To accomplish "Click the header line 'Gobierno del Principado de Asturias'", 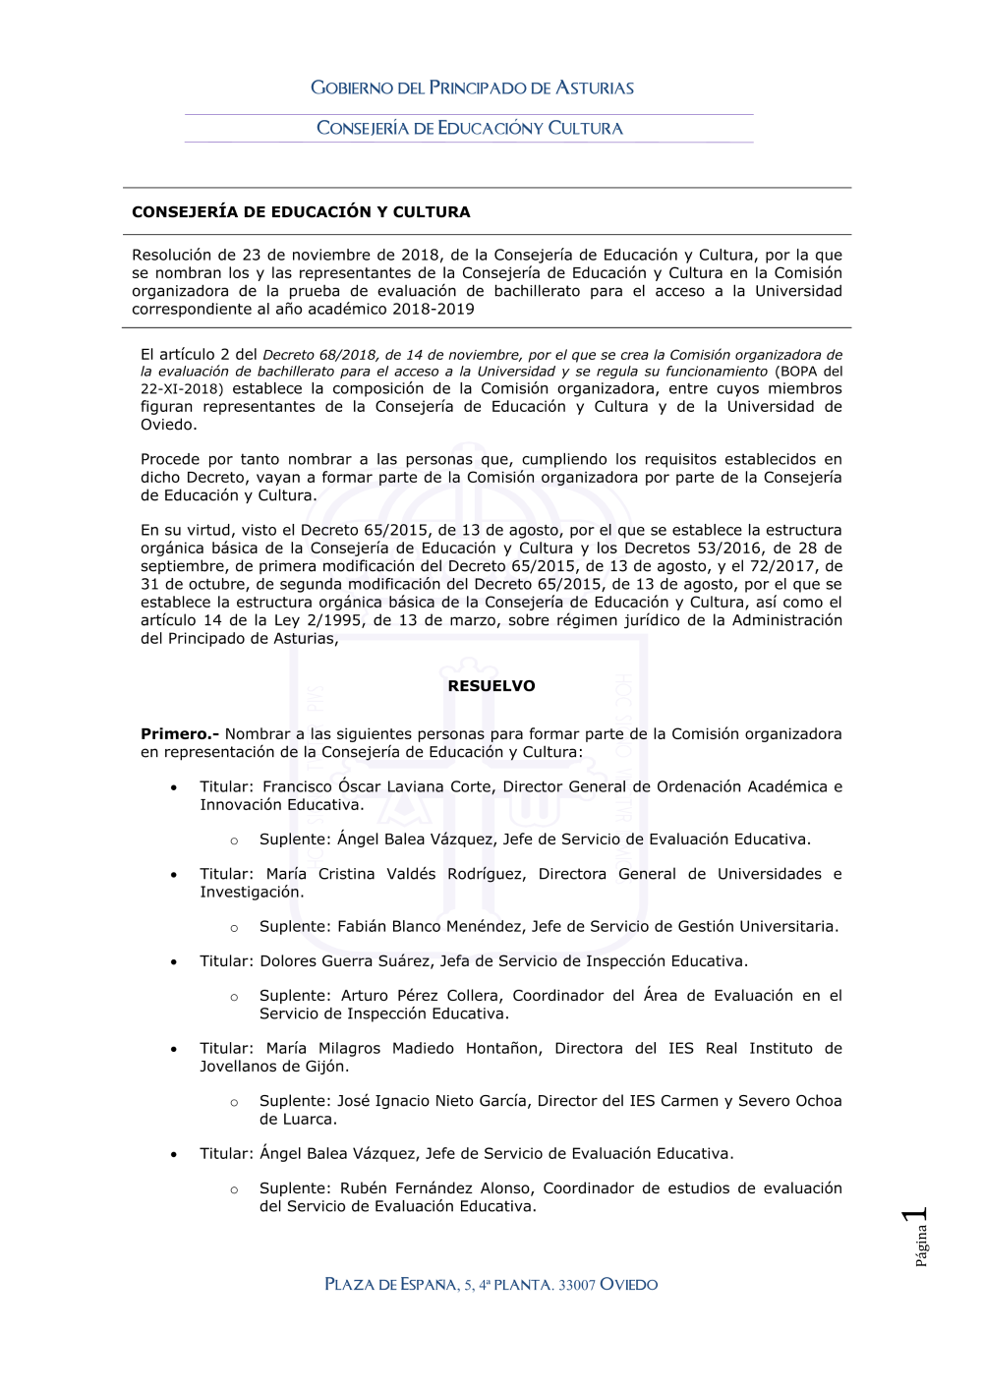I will point(472,88).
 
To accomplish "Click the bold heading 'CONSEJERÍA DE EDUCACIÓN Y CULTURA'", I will point(301,212).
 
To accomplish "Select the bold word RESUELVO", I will point(491,686).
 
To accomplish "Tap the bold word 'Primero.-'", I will point(180,734).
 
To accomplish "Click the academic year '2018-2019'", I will point(433,310).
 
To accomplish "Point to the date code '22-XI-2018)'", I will point(182,389).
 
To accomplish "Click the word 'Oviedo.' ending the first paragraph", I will point(169,425).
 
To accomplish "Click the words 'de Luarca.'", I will point(298,1120).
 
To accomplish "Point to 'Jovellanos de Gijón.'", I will point(274,1067).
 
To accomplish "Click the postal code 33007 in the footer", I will point(577,1286).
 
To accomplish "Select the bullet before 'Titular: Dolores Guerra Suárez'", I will point(174,961).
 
